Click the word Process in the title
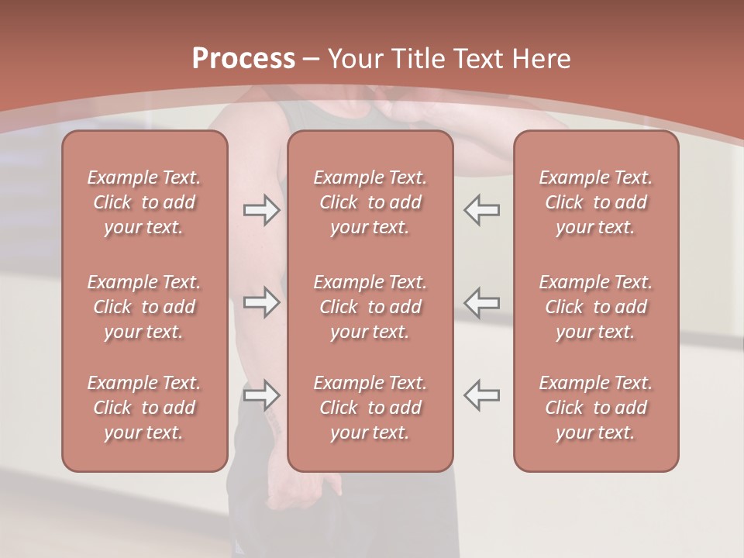243,59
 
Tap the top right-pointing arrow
262,210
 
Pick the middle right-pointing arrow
262,302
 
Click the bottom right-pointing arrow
262,395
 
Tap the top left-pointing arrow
481,210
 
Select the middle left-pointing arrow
481,302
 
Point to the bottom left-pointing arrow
481,395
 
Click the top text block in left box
144,202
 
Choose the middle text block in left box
144,307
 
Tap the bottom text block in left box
144,408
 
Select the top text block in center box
370,202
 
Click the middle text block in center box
370,307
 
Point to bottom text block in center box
370,408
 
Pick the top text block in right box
596,202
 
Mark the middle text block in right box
596,307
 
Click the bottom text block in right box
596,408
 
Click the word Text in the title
477,59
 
